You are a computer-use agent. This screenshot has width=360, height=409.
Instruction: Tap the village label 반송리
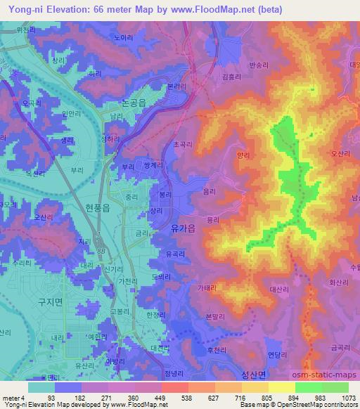pyautogui.click(x=259, y=65)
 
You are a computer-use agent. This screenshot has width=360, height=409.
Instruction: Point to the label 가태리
pyautogui.click(x=207, y=288)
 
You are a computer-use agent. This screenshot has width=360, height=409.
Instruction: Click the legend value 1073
pyautogui.click(x=349, y=397)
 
